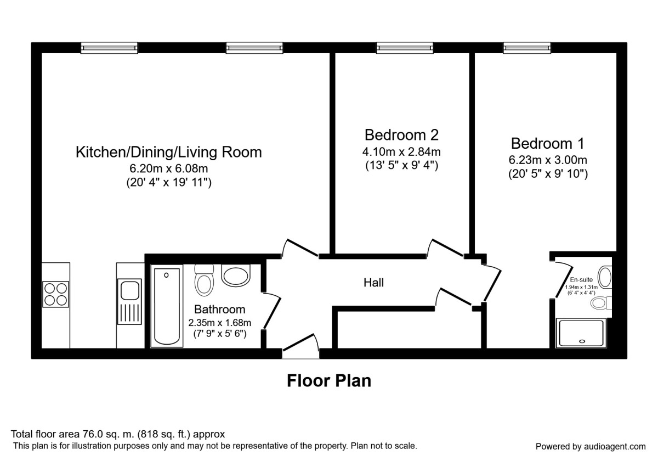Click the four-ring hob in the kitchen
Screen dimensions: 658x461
pos(55,294)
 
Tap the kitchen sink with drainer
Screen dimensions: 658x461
pos(129,302)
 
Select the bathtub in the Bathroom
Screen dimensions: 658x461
pos(167,306)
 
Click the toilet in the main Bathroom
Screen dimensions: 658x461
pos(204,280)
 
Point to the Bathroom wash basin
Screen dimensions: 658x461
pos(236,276)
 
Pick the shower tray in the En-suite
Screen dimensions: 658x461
pos(581,333)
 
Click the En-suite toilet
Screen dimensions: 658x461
pos(601,303)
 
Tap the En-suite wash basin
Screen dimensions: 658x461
pos(605,277)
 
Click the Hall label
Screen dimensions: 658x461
pos(373,283)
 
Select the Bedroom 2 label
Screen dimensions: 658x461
pos(401,135)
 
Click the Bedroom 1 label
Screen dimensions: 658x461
pos(548,143)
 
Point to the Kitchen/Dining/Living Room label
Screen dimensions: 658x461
pos(169,152)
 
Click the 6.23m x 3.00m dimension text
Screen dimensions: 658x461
pos(548,160)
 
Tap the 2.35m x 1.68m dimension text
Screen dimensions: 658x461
pos(220,323)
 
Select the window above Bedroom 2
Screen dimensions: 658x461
pos(405,48)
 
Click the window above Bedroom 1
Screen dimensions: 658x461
pos(527,48)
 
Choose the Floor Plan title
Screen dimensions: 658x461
pos(329,381)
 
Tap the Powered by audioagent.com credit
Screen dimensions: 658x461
pos(591,447)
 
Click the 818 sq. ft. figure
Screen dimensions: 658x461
pos(165,434)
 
